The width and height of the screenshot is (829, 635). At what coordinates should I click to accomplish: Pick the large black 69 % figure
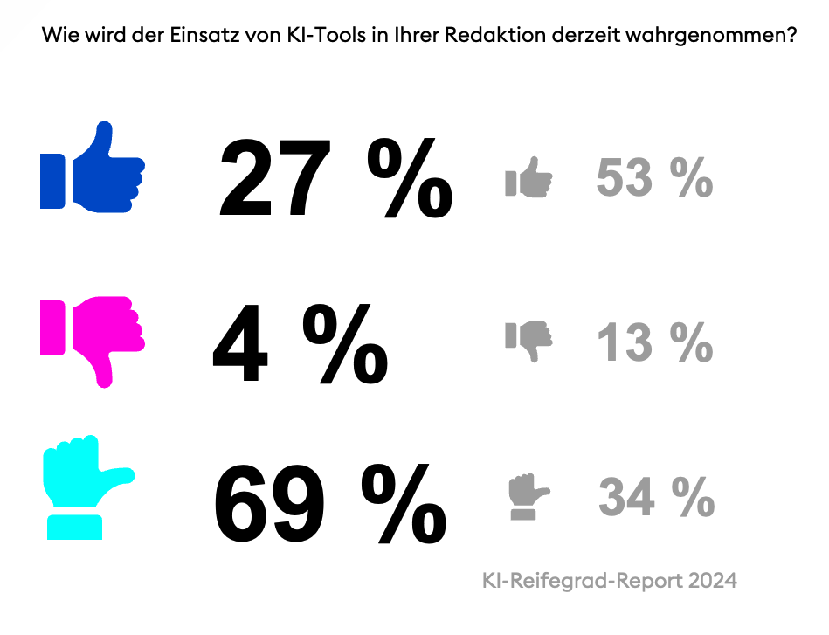click(x=330, y=505)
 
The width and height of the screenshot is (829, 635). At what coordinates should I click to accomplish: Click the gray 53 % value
click(x=654, y=178)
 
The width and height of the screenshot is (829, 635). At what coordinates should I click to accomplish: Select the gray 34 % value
click(x=656, y=498)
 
